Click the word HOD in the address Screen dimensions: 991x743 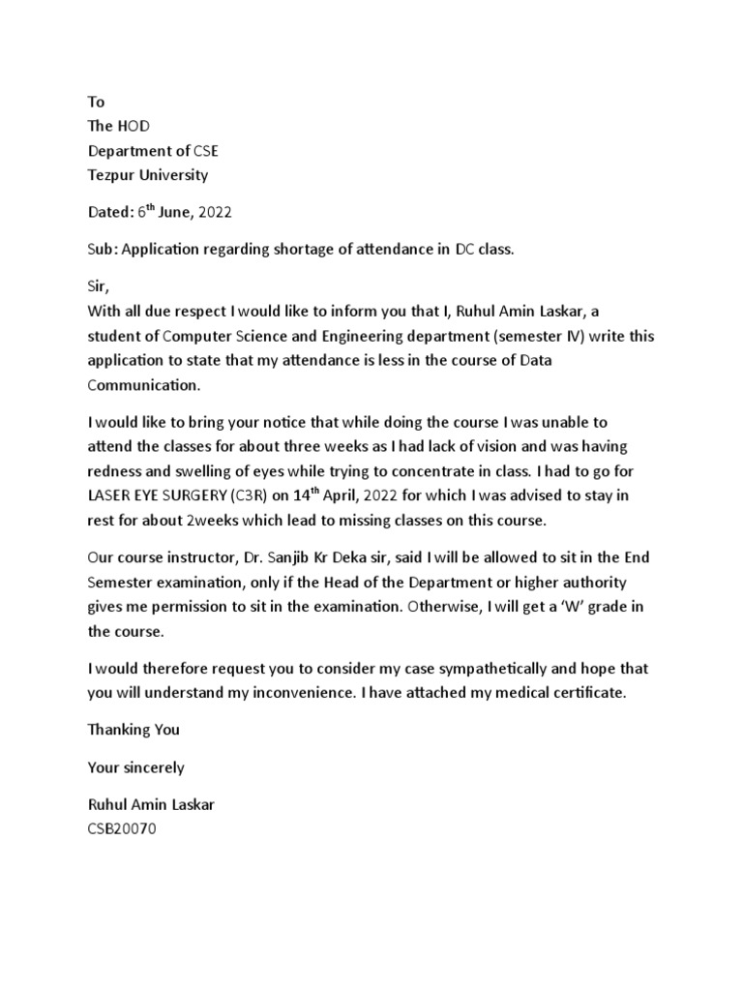click(x=134, y=126)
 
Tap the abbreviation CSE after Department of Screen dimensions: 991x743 click(x=213, y=151)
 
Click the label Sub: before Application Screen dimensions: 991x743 click(x=102, y=249)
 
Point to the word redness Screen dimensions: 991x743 click(x=115, y=471)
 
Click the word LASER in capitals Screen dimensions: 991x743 click(x=109, y=496)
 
